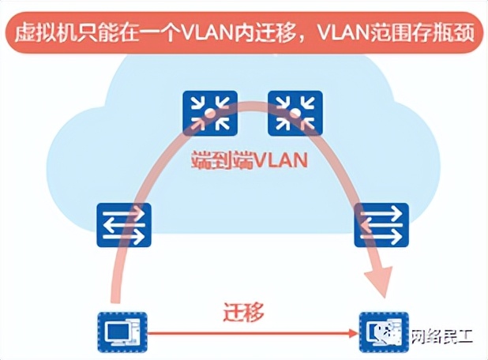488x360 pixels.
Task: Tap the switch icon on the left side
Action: [124, 225]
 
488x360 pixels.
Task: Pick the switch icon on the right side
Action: [381, 225]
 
